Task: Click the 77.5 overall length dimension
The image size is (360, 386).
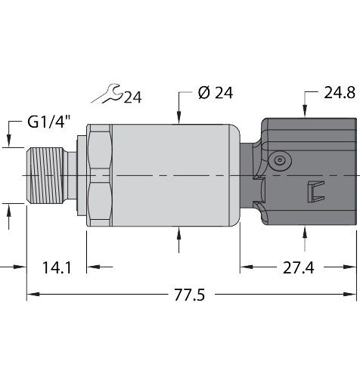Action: (189, 295)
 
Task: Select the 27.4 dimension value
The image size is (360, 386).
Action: (299, 267)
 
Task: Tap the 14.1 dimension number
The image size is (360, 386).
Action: (57, 267)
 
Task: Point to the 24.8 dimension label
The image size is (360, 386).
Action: (340, 93)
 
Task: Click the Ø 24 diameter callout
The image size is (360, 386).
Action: (216, 93)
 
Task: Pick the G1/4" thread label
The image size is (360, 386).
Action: (49, 122)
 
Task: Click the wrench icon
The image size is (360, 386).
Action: (107, 94)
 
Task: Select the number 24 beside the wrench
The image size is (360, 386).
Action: (132, 97)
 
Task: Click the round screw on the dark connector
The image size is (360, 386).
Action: (280, 160)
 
